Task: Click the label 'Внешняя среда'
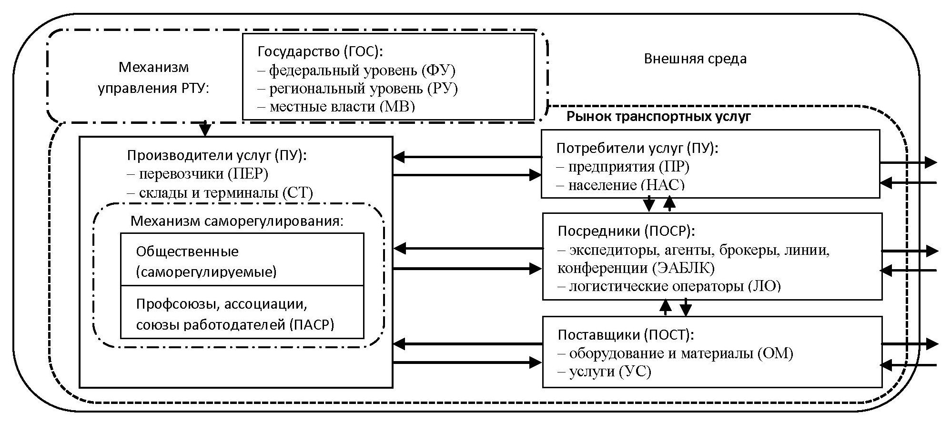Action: coord(695,59)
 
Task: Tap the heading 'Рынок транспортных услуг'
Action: coord(658,117)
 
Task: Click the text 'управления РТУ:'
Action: coord(153,89)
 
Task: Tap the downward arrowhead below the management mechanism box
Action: coord(205,130)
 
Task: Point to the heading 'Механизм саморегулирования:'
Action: coord(237,222)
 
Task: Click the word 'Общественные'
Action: coord(187,252)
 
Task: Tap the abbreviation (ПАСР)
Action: coord(312,324)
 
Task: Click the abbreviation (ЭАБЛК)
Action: coord(683,268)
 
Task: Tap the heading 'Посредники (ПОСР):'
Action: coord(626,232)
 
